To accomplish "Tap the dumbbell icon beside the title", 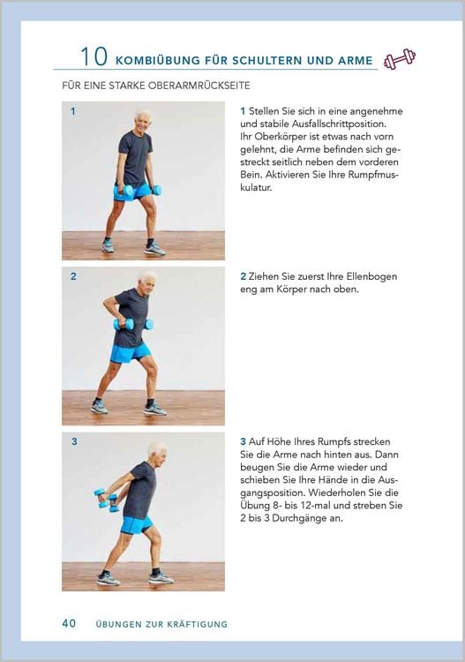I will [400, 58].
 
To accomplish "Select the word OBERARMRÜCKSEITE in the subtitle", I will [192, 86].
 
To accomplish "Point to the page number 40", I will [69, 623].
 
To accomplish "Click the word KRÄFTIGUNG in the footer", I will [197, 624].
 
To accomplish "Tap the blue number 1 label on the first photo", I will [73, 111].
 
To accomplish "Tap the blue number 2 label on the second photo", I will [73, 276].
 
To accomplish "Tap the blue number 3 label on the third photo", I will [74, 441].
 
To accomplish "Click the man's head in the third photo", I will [157, 452].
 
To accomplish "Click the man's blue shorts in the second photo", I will [131, 353].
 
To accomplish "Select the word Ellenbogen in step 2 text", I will [371, 276].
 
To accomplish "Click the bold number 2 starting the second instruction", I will [243, 276].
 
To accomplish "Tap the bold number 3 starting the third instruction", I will [243, 441].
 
